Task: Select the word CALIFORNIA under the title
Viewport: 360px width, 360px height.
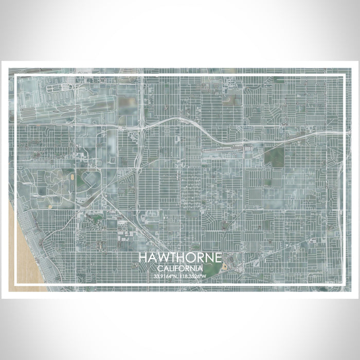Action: pyautogui.click(x=180, y=268)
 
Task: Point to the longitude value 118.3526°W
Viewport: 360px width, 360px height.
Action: pyautogui.click(x=193, y=276)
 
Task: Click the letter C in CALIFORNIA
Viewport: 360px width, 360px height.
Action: pyautogui.click(x=160, y=268)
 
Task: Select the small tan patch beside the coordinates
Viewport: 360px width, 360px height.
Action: pyautogui.click(x=225, y=267)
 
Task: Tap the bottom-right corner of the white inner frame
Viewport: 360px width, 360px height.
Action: pyautogui.click(x=344, y=284)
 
